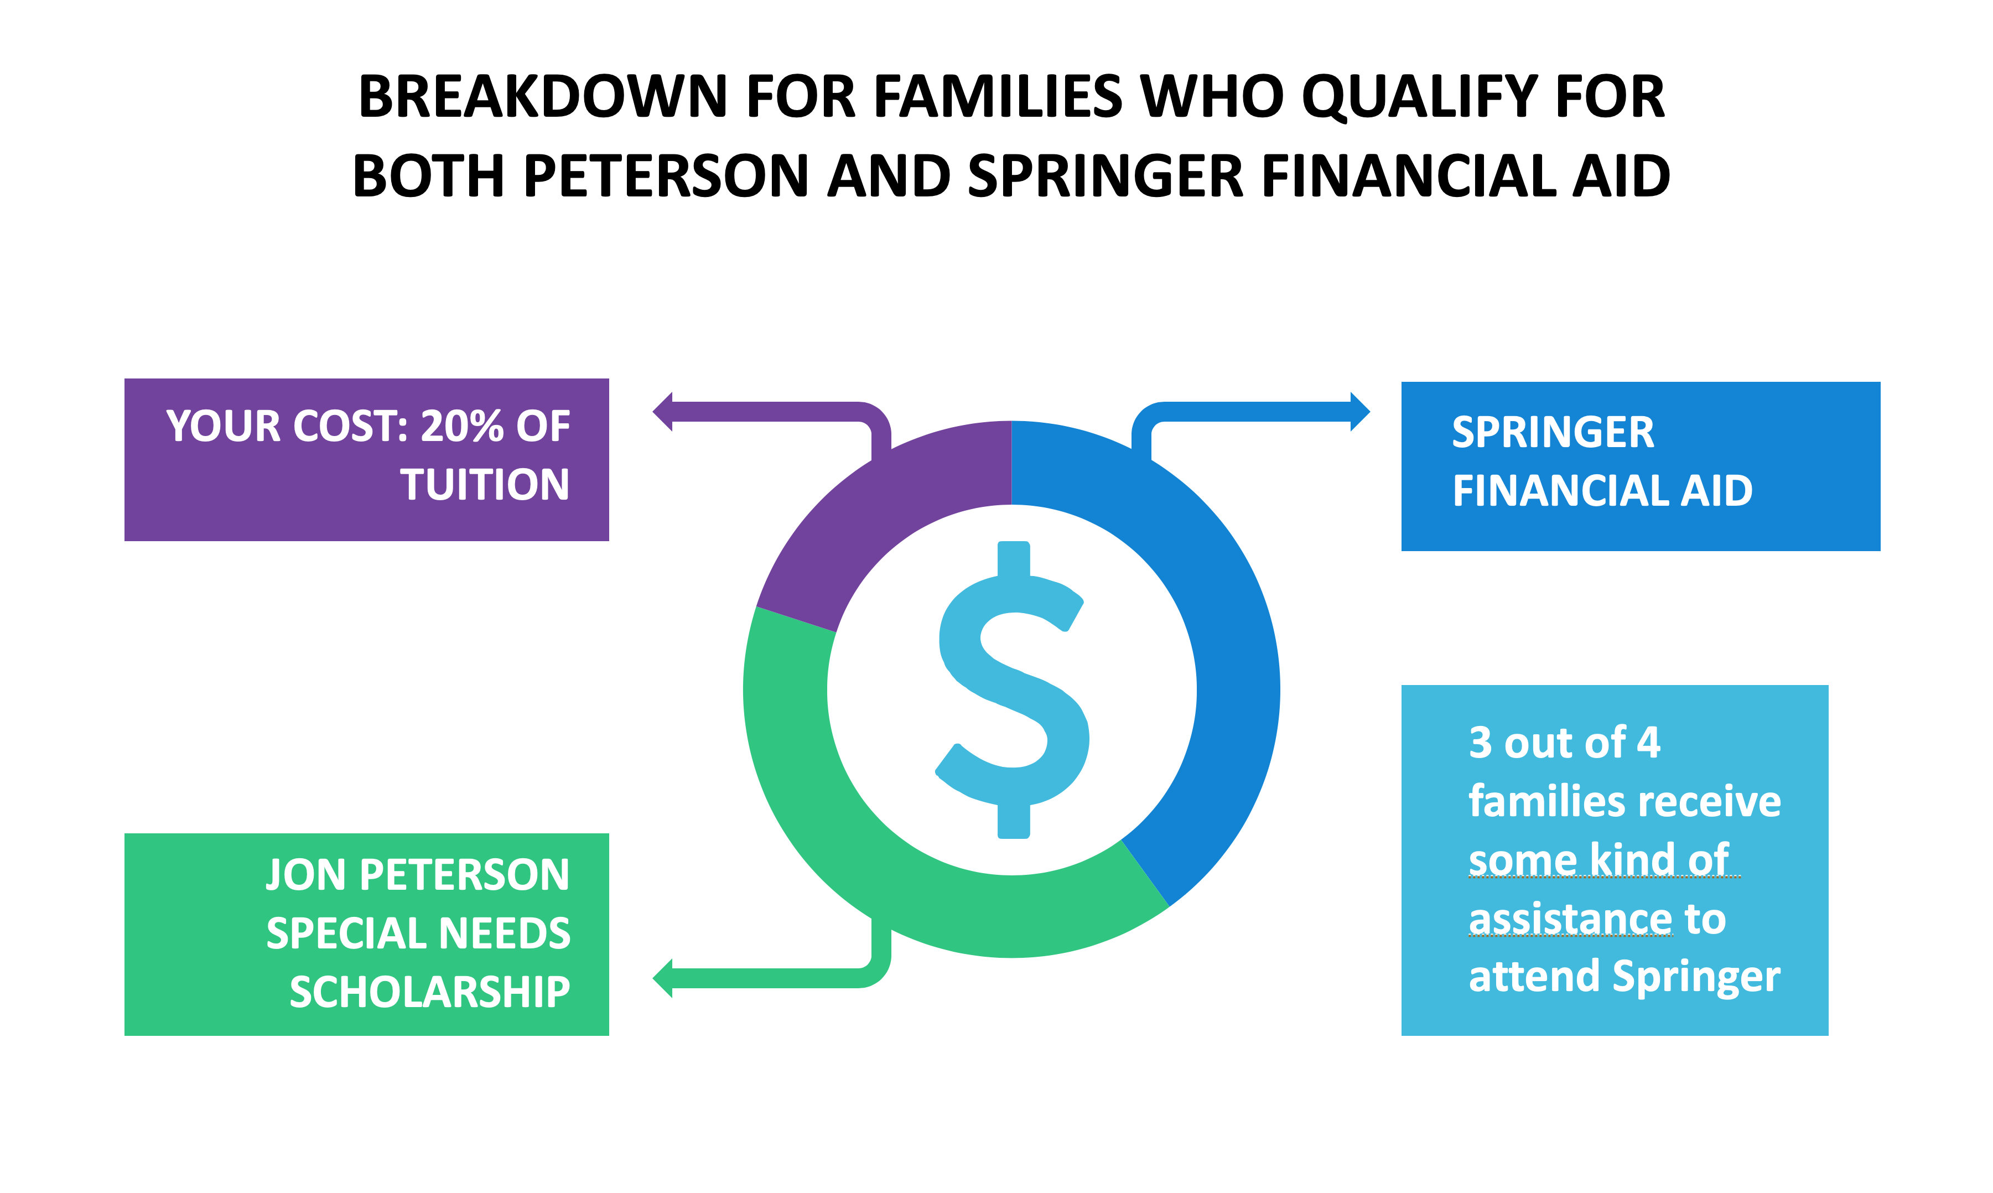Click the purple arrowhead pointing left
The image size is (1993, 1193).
[663, 412]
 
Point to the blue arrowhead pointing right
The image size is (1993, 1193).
[1359, 412]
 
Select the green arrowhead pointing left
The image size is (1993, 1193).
[663, 978]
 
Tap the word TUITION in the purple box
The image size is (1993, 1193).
[485, 485]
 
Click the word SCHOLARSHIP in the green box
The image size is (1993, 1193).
[430, 992]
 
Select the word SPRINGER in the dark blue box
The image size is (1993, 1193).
[1553, 433]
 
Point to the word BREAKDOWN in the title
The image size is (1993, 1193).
[542, 96]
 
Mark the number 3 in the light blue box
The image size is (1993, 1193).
[1480, 743]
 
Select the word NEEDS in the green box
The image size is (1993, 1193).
[505, 933]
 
